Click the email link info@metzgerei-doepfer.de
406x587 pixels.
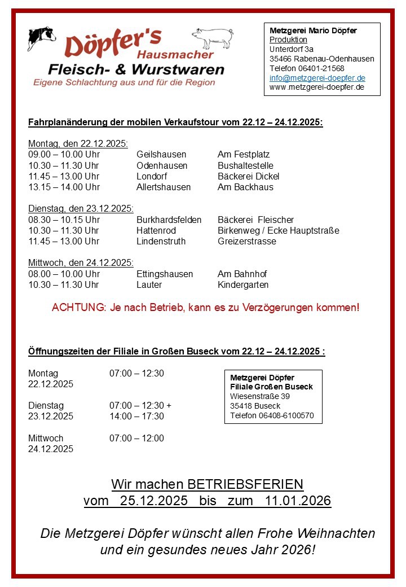[x=317, y=78]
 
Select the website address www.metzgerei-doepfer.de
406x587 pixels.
[x=316, y=87]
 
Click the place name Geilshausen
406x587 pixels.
[x=161, y=155]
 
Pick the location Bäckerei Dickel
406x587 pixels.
[x=248, y=176]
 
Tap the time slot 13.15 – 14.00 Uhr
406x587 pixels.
[x=64, y=187]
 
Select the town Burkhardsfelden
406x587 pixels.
[x=169, y=220]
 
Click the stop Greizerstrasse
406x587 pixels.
[x=247, y=241]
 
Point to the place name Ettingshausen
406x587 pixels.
[x=165, y=274]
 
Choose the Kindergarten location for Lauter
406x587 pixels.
[x=243, y=284]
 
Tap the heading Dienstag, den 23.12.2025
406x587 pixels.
[x=81, y=209]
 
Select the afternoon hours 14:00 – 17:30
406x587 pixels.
[x=136, y=416]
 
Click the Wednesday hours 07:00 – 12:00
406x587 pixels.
[x=136, y=438]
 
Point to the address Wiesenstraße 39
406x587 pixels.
[x=260, y=396]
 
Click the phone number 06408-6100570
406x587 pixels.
[x=289, y=416]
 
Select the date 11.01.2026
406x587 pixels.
[x=298, y=501]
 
